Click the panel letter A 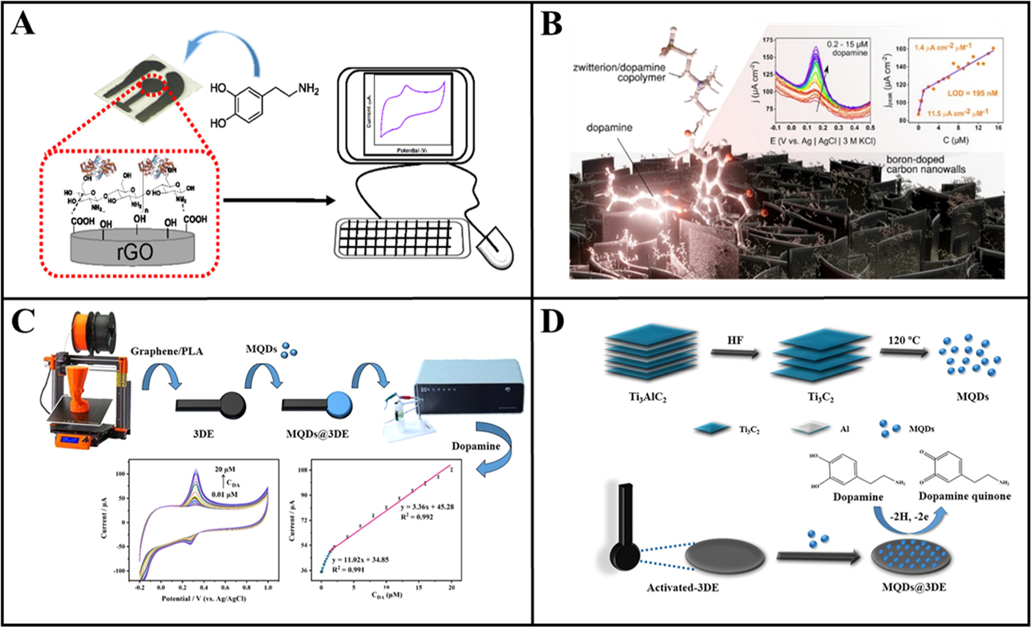pyautogui.click(x=23, y=23)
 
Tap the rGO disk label pyautogui.click(x=135, y=251)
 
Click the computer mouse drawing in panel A pyautogui.click(x=495, y=248)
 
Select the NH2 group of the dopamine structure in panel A pyautogui.click(x=308, y=89)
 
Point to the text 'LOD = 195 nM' pyautogui.click(x=973, y=93)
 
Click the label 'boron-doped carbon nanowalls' pyautogui.click(x=925, y=164)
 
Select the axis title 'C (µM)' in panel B pyautogui.click(x=955, y=140)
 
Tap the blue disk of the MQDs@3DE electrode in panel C pyautogui.click(x=339, y=404)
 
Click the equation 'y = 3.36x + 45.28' pyautogui.click(x=427, y=507)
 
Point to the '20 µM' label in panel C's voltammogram pyautogui.click(x=225, y=469)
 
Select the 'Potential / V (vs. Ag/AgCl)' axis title pyautogui.click(x=204, y=598)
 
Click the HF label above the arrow pyautogui.click(x=735, y=340)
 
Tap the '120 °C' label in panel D pyautogui.click(x=904, y=340)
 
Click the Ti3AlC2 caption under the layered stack pyautogui.click(x=647, y=398)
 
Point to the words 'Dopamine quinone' pyautogui.click(x=965, y=496)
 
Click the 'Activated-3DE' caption pyautogui.click(x=683, y=588)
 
